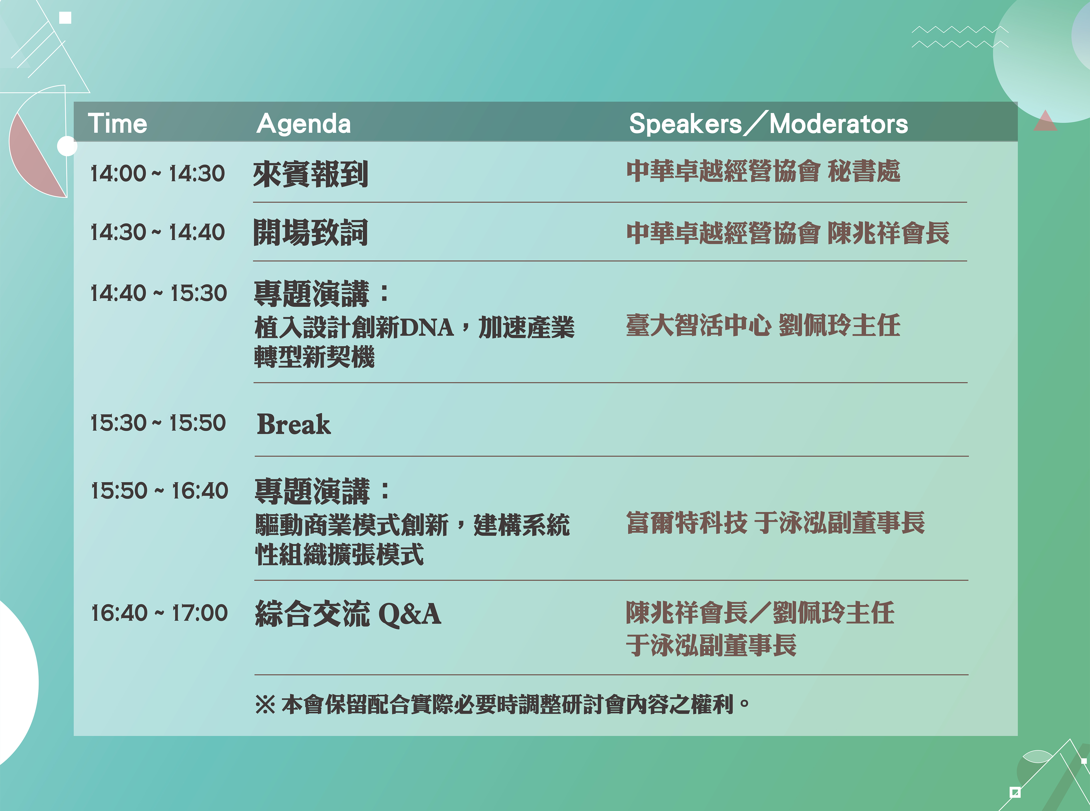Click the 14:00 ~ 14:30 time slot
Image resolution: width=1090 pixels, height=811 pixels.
click(158, 173)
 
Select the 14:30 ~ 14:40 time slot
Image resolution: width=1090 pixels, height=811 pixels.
click(158, 232)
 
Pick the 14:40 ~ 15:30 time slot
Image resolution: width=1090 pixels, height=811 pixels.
click(159, 293)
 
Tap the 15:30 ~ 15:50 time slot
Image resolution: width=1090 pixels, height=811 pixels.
click(158, 423)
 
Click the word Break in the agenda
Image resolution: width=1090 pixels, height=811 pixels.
click(294, 424)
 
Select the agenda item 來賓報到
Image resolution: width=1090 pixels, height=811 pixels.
click(310, 174)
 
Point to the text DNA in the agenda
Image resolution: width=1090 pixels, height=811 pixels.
click(426, 327)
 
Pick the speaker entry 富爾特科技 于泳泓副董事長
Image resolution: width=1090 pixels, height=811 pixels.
click(775, 522)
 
